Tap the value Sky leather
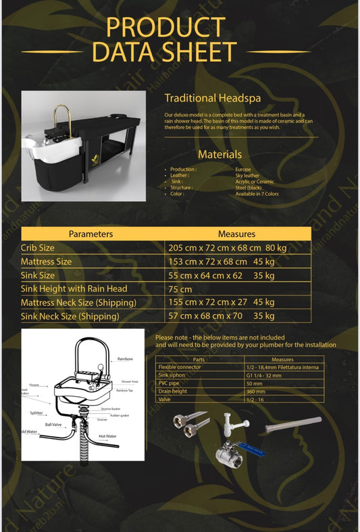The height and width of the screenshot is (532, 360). (x=247, y=175)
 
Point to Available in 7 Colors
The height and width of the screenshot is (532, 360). (x=257, y=194)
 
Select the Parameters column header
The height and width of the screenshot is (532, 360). (x=91, y=234)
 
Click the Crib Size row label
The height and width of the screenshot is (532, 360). (x=38, y=248)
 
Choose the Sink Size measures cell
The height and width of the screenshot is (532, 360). (x=221, y=275)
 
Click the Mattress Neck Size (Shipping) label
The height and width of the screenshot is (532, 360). (x=79, y=302)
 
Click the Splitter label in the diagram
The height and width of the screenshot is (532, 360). (x=36, y=413)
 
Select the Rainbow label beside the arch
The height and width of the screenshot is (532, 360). (x=125, y=359)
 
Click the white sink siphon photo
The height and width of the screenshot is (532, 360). (x=229, y=425)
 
